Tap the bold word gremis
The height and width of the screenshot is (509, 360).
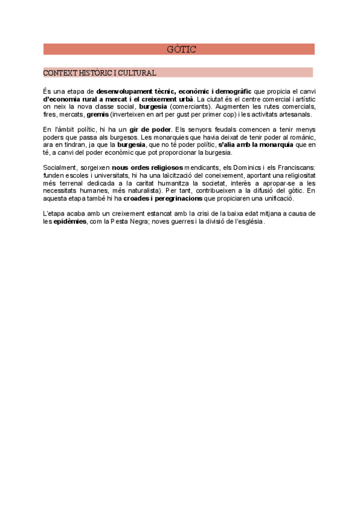pos(97,114)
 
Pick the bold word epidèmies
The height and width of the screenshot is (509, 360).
pos(70,221)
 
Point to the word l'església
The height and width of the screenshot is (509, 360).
pos(245,221)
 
